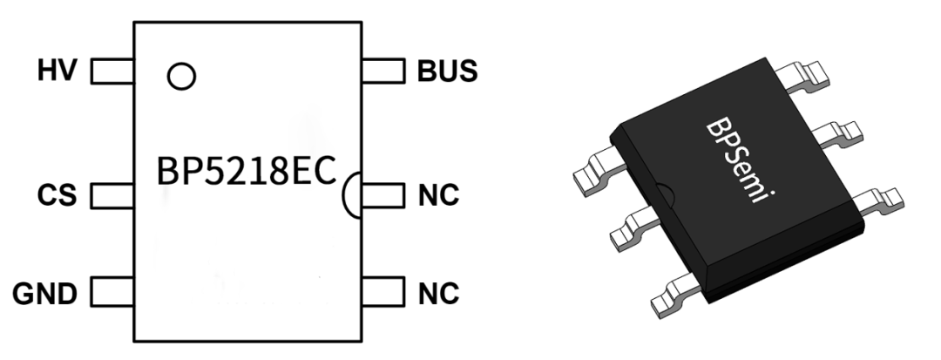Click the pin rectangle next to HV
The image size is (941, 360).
tap(112, 70)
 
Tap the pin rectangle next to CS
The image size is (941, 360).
tap(112, 194)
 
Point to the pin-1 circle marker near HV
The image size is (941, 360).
tap(180, 76)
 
